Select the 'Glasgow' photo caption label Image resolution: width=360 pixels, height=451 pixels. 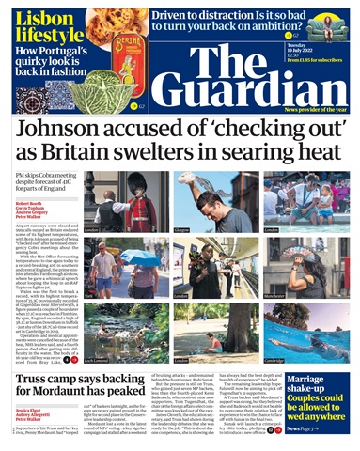point(181,229)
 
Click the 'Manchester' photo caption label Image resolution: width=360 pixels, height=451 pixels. point(327,295)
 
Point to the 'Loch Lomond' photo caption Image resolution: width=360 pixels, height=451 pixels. point(98,358)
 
